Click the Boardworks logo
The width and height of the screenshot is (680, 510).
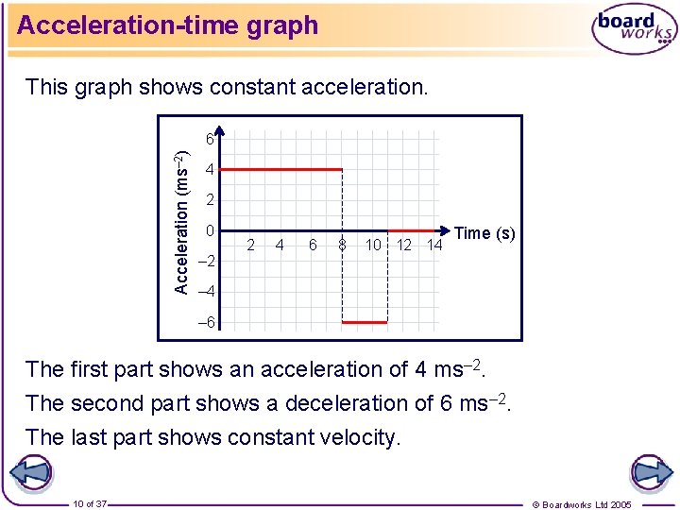[x=634, y=30]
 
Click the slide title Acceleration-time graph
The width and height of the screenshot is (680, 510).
[x=168, y=25]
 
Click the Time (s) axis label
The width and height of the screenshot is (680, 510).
[x=484, y=233]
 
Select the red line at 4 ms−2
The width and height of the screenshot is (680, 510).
[x=280, y=170]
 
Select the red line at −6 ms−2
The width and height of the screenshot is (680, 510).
[x=364, y=322]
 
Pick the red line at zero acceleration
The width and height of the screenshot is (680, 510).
[x=414, y=230]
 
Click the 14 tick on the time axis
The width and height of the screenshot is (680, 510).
[x=434, y=246]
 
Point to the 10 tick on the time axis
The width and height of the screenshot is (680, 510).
[x=373, y=246]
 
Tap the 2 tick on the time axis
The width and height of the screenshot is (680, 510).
[x=250, y=246]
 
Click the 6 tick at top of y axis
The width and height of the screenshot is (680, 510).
[x=212, y=138]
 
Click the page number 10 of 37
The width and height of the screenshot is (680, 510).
[x=91, y=503]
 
